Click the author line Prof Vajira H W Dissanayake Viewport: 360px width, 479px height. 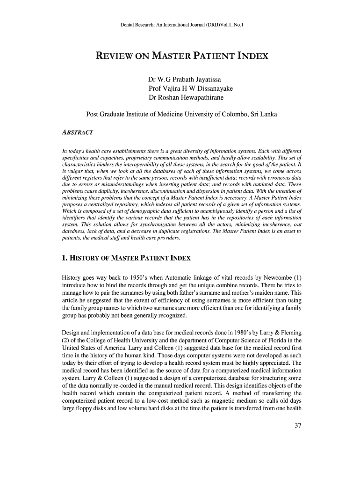(x=191, y=88)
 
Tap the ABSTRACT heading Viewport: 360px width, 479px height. (x=77, y=133)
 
